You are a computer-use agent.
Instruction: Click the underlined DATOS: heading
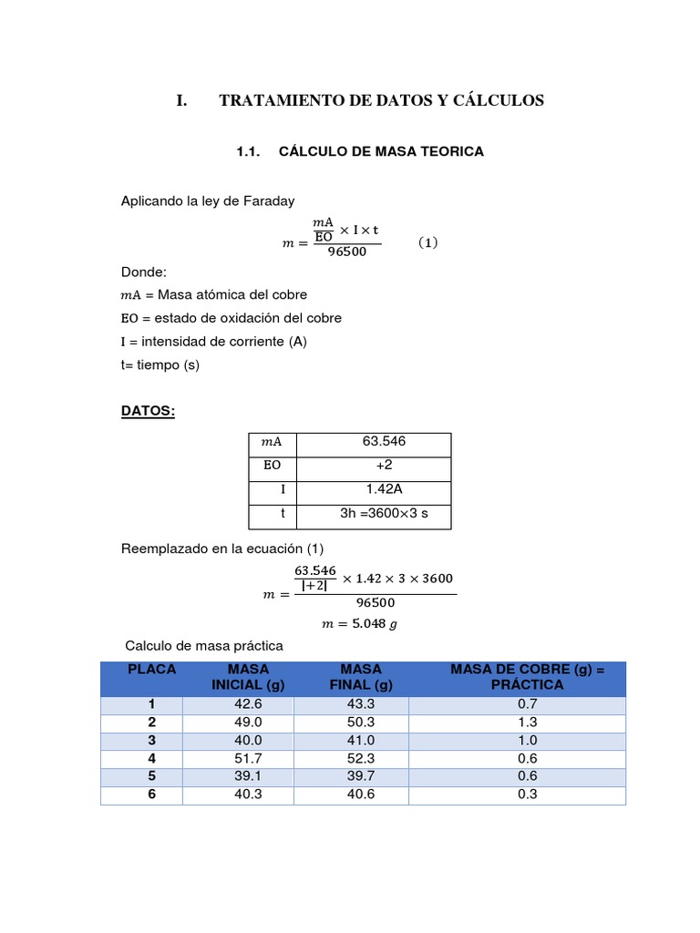click(x=148, y=411)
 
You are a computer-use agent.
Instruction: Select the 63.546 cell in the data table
click(x=384, y=442)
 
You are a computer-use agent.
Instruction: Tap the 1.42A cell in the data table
click(x=384, y=489)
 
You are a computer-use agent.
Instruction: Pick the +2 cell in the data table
click(x=384, y=466)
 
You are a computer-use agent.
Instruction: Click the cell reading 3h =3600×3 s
click(x=384, y=514)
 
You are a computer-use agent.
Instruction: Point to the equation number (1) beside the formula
click(x=428, y=243)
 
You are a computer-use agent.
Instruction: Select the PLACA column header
click(x=152, y=669)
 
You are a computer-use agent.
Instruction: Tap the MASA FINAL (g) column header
click(x=361, y=677)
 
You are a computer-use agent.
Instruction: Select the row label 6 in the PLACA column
click(x=152, y=794)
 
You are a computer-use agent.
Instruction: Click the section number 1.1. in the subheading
click(x=249, y=152)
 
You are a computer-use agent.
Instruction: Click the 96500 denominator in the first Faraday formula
click(x=346, y=252)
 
